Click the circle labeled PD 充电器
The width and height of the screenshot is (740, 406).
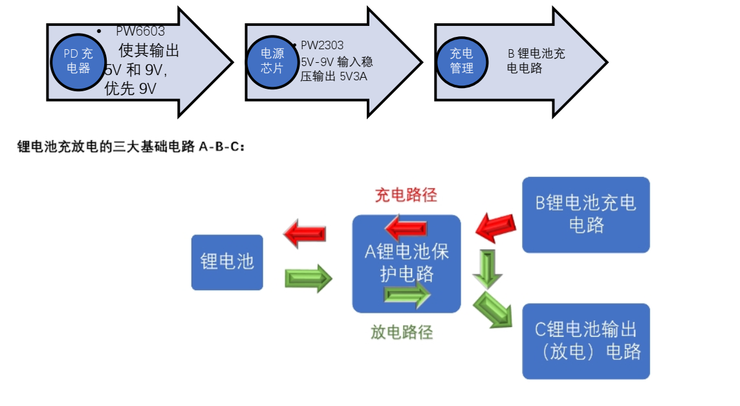tap(78, 61)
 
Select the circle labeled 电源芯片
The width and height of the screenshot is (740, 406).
tap(272, 61)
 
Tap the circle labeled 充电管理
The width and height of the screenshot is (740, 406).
tap(461, 61)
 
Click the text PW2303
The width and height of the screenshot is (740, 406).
tap(322, 45)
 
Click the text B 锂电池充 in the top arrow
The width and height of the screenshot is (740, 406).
tap(536, 54)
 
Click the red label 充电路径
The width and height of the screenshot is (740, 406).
tap(406, 195)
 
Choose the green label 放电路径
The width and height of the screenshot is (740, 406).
tap(401, 332)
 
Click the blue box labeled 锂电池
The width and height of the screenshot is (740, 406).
tap(227, 262)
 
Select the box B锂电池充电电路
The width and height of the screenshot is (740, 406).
tap(585, 214)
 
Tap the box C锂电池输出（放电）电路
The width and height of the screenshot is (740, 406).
tap(585, 341)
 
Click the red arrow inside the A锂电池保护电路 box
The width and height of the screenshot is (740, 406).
tap(406, 228)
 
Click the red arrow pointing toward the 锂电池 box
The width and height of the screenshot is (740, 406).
tap(305, 233)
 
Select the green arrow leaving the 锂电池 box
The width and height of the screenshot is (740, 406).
tap(308, 278)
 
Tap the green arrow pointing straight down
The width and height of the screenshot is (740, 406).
tap(487, 268)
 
